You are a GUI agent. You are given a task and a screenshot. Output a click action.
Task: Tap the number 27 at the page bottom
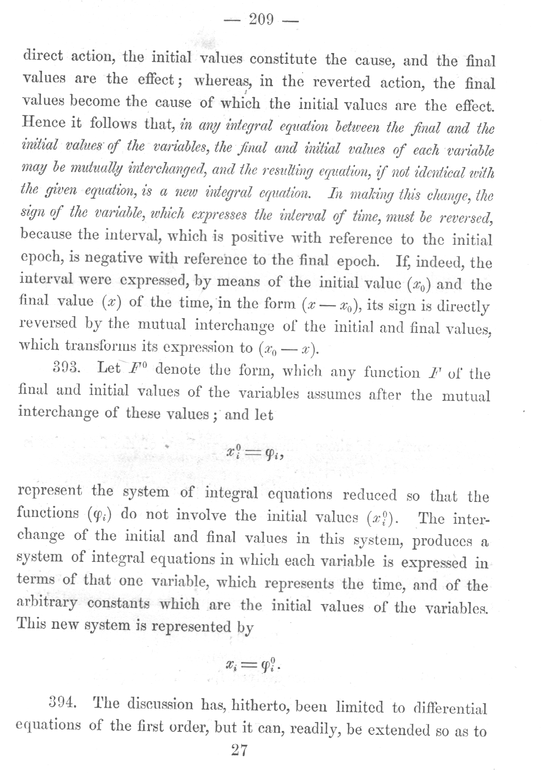click(x=239, y=750)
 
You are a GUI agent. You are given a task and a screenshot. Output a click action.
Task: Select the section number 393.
click(x=66, y=369)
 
